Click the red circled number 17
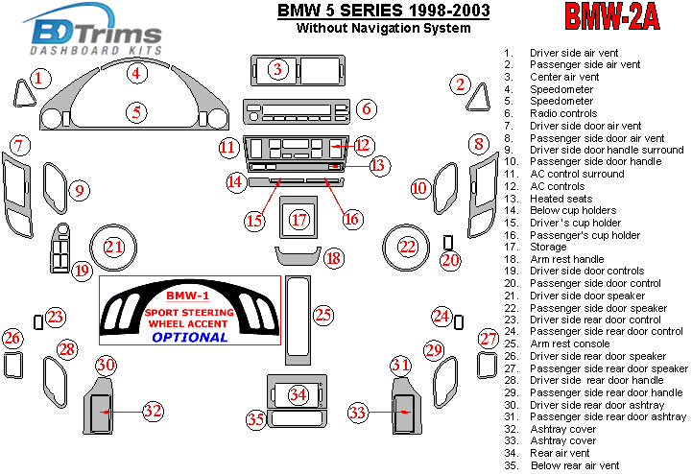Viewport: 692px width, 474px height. click(299, 220)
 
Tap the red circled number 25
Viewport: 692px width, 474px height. click(322, 314)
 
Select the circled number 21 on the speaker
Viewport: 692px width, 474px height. click(115, 248)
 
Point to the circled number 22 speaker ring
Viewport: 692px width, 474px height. click(408, 248)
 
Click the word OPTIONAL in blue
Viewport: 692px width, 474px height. click(189, 337)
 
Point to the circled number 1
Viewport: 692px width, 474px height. click(38, 79)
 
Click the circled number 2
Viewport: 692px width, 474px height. click(461, 85)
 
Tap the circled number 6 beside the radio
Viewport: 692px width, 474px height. click(366, 108)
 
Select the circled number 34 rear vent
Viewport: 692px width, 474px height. click(298, 394)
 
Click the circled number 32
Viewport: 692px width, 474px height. click(152, 412)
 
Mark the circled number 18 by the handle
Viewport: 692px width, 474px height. click(333, 258)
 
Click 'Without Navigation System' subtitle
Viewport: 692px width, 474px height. click(383, 28)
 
